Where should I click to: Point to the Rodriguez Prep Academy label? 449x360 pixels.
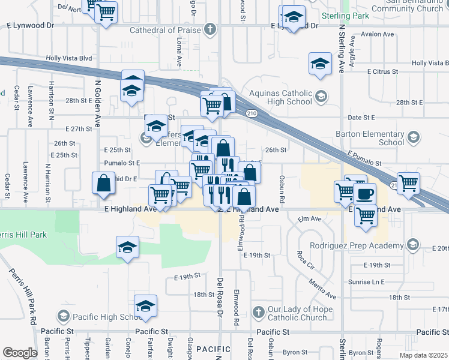357,245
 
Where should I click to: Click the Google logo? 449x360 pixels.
20,352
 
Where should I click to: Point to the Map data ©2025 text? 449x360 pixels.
424,355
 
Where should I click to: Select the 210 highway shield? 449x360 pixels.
251,113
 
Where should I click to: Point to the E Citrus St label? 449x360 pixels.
383,71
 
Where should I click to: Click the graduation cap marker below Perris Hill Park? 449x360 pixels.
127,247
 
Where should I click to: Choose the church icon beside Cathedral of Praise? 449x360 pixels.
209,29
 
